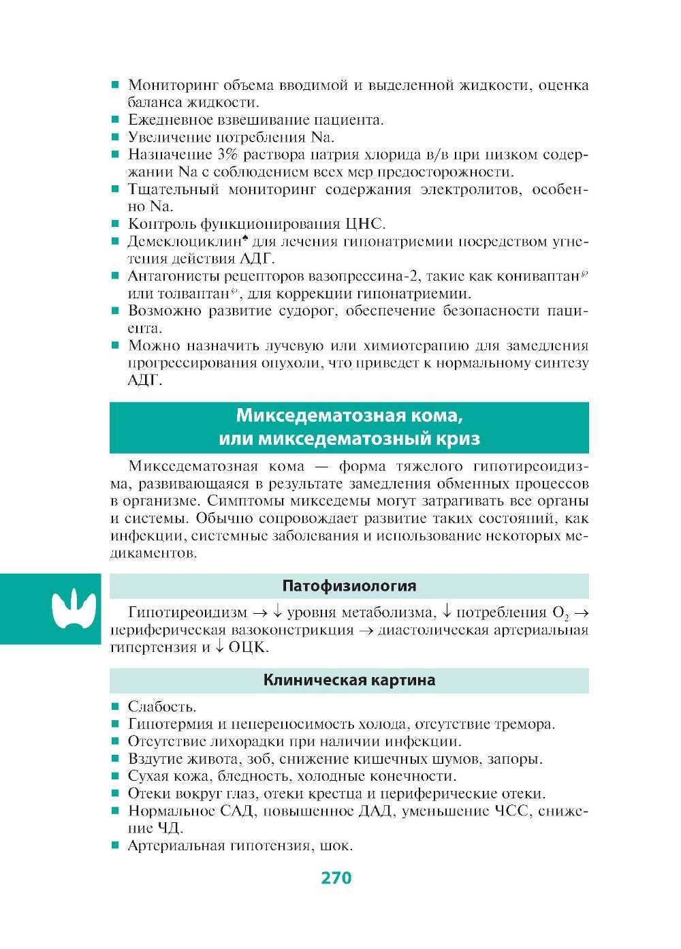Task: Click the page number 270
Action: click(x=336, y=877)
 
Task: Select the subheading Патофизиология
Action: click(x=349, y=586)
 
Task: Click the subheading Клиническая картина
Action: click(x=349, y=680)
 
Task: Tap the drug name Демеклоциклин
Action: click(x=185, y=242)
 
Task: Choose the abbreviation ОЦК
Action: click(x=248, y=647)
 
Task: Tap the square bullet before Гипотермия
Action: click(x=115, y=724)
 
